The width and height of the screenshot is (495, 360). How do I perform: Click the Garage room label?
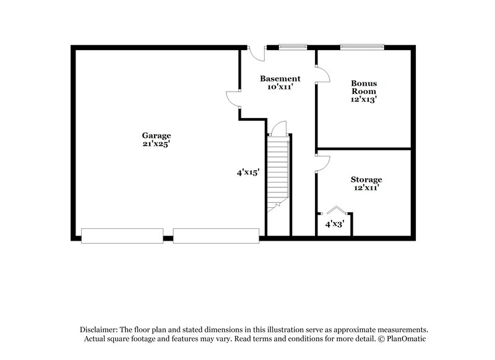(x=156, y=135)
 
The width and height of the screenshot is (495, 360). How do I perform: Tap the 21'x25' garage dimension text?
(x=156, y=144)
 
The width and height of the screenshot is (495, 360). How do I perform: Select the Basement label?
(x=280, y=79)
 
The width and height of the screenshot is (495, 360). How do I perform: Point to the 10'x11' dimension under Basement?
(x=280, y=87)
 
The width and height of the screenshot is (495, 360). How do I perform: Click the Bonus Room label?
(x=364, y=87)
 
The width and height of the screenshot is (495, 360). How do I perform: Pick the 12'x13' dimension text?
(x=364, y=98)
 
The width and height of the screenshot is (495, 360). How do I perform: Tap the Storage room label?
(x=366, y=179)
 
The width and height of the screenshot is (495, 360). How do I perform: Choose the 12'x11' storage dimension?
(x=366, y=188)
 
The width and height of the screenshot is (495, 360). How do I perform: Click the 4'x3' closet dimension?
(x=335, y=223)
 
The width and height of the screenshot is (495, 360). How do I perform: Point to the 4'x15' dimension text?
(x=247, y=173)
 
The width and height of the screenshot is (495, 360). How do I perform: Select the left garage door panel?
(x=123, y=236)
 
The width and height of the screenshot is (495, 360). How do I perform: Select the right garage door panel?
(x=216, y=236)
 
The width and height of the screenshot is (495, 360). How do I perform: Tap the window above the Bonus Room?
(x=362, y=46)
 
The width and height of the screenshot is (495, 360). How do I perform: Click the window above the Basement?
(x=292, y=46)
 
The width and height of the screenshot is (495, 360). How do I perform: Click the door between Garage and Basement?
(x=233, y=100)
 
